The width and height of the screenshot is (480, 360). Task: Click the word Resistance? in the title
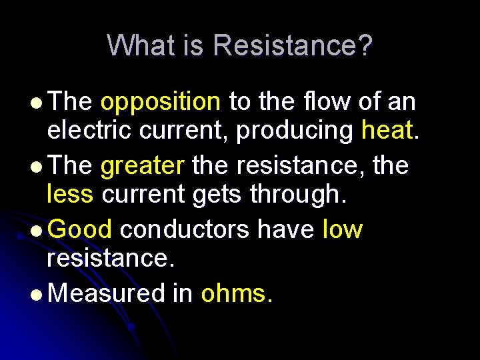tap(293, 45)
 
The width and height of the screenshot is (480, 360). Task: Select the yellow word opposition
tap(160, 102)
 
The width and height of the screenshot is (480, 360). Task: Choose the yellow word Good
tap(80, 230)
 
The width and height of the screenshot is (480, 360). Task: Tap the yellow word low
tap(342, 230)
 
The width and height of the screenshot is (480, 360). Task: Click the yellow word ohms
tap(236, 293)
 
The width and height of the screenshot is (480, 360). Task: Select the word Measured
tap(107, 293)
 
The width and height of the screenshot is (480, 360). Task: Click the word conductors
tap(183, 230)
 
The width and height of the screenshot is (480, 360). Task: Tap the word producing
tap(295, 131)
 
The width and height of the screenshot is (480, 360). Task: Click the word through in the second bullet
tap(302, 195)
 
